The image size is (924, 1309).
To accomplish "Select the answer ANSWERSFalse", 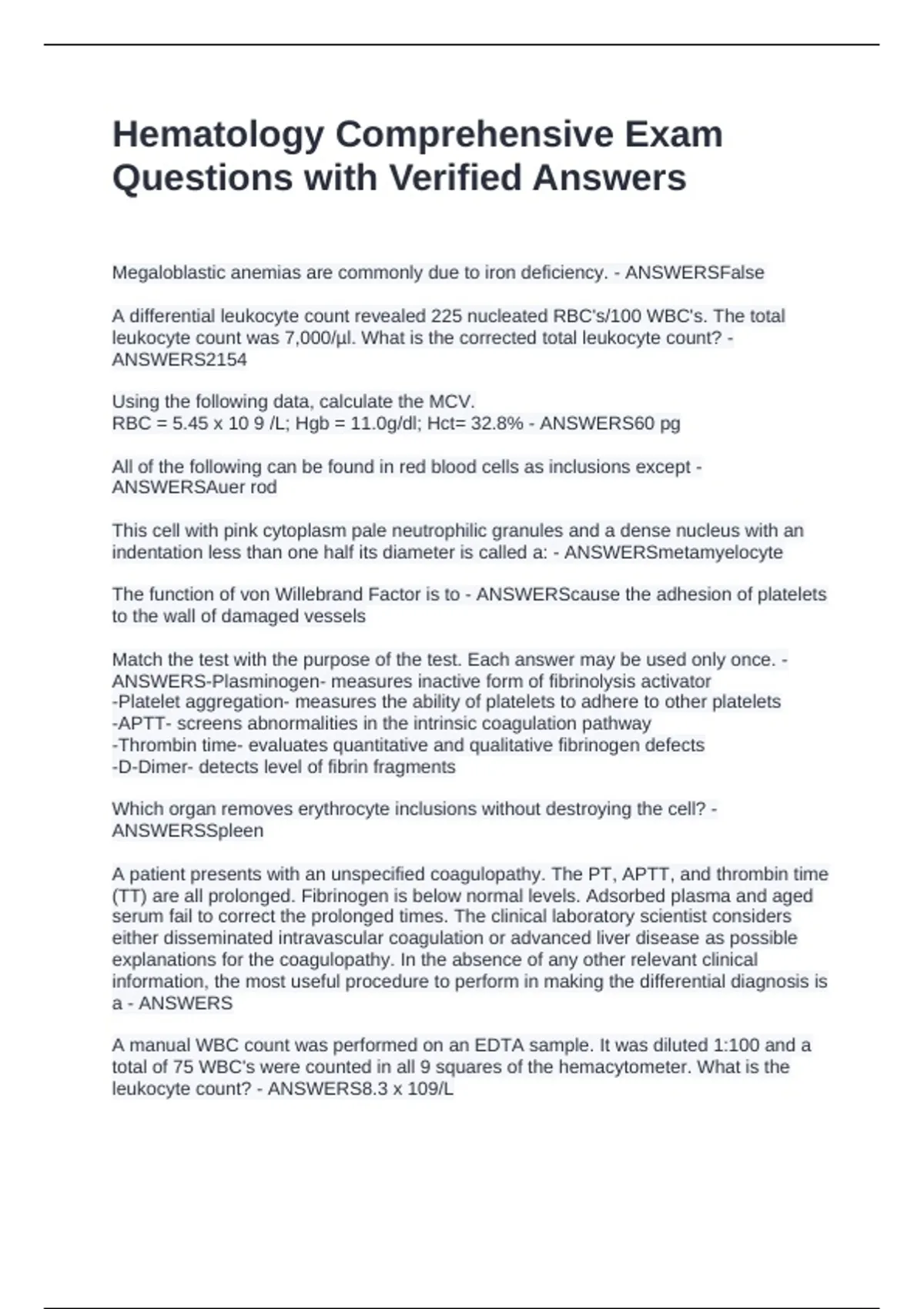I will (695, 273).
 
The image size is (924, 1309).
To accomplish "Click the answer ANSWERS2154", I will (179, 360).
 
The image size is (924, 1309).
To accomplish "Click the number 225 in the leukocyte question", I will (447, 316).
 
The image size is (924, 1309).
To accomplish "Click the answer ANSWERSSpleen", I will (188, 831).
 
